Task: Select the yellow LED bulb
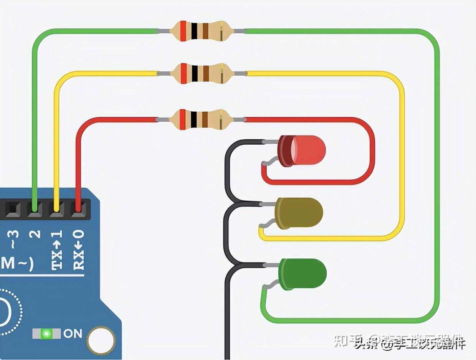click(299, 213)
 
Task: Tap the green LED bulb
click(303, 274)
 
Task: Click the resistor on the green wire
click(201, 31)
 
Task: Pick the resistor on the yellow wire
click(201, 73)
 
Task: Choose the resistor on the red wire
click(201, 119)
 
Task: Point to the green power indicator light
click(47, 333)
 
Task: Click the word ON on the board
click(73, 333)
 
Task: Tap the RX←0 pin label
click(79, 249)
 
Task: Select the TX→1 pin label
click(57, 249)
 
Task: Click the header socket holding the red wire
click(78, 209)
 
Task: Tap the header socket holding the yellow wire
click(57, 209)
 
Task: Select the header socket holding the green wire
click(35, 209)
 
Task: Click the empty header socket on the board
click(13, 209)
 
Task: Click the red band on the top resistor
click(183, 31)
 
